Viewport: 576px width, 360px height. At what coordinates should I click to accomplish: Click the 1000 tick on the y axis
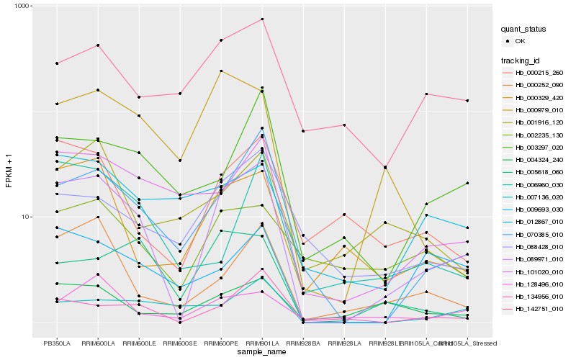(x=17, y=6)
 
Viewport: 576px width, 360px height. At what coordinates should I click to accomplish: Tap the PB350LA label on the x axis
(x=58, y=343)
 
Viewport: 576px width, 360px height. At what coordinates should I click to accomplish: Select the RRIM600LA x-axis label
(x=99, y=343)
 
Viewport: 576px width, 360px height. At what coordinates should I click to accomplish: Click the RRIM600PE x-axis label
(x=221, y=343)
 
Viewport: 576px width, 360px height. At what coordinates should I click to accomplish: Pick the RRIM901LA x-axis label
(x=262, y=343)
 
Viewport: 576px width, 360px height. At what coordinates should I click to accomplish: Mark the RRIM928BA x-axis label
(x=303, y=343)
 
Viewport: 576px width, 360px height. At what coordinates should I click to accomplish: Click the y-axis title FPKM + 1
(x=9, y=171)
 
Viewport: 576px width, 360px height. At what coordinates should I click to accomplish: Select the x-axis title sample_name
(x=262, y=352)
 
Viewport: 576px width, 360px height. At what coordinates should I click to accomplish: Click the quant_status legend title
(x=525, y=29)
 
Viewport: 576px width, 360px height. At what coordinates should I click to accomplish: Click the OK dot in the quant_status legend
(x=509, y=41)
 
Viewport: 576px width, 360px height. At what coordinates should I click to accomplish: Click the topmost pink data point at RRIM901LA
(x=262, y=19)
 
